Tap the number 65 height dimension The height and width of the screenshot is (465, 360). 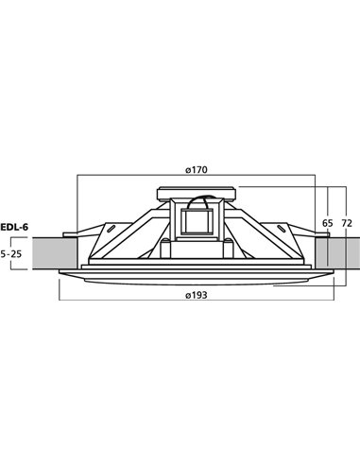(328, 224)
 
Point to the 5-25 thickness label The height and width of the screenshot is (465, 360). (11, 253)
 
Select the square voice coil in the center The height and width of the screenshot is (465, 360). (197, 223)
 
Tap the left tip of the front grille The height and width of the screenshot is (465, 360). (59, 273)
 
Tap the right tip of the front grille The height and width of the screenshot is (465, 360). (335, 273)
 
